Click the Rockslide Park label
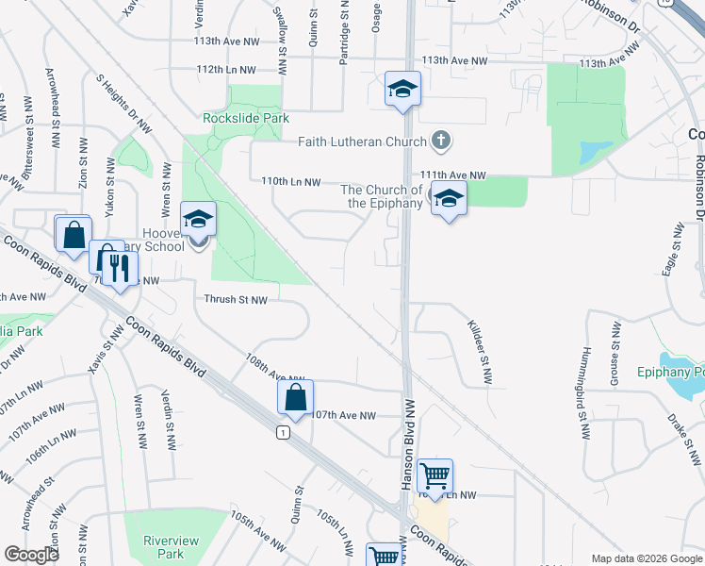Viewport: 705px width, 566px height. point(246,118)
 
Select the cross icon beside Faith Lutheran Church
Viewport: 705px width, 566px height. point(440,142)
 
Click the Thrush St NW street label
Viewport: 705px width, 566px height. point(237,299)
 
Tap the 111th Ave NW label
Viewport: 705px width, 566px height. point(452,175)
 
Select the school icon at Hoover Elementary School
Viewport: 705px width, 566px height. point(198,220)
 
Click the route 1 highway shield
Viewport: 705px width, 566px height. point(282,432)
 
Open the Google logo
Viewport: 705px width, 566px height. point(31,555)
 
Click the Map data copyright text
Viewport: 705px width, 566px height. point(646,558)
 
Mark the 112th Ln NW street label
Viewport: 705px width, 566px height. point(226,70)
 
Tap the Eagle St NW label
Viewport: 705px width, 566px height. point(675,250)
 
